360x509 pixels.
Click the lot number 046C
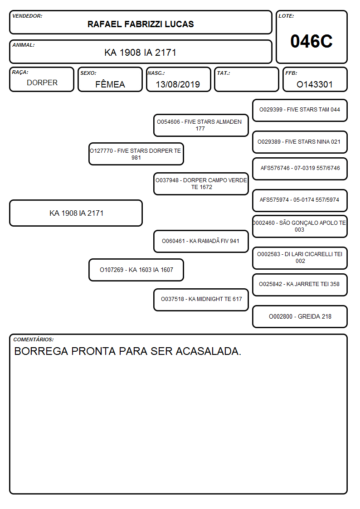311,41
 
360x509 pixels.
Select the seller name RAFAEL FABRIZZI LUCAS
141,24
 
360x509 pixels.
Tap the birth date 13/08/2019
178,84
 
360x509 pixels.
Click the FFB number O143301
315,84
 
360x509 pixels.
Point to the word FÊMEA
110,84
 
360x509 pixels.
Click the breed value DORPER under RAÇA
42,83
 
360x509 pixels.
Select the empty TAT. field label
224,73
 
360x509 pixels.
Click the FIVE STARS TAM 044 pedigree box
300,111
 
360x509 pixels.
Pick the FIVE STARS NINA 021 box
300,142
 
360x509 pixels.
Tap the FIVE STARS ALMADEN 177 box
201,125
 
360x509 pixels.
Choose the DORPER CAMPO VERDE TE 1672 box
201,184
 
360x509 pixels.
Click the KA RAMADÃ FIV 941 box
201,241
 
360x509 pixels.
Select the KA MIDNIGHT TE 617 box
201,300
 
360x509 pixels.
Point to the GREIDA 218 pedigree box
300,316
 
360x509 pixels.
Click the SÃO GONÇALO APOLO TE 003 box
300,227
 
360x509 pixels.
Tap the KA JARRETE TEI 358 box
300,285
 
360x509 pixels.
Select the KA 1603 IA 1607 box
136,270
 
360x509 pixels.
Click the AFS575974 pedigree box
300,200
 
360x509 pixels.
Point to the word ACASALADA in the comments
209,351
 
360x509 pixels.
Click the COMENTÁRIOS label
34,339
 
